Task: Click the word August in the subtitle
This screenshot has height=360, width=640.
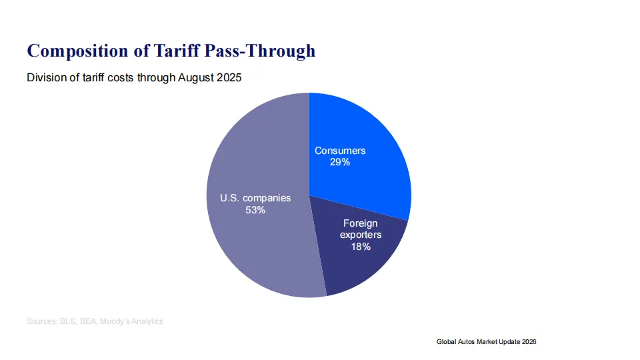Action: click(x=196, y=78)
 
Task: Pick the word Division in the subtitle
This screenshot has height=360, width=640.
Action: click(x=43, y=78)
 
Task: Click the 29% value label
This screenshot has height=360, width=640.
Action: click(x=340, y=162)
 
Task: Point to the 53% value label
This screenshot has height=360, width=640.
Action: click(x=255, y=210)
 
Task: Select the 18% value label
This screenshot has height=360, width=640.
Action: click(x=361, y=246)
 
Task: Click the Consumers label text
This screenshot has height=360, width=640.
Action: click(x=340, y=151)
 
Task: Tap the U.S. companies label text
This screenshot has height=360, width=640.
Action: click(x=255, y=198)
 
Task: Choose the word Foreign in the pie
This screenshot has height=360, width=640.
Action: click(x=361, y=223)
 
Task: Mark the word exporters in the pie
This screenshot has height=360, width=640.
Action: click(x=361, y=235)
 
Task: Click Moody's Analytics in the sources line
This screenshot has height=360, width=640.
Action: click(x=131, y=321)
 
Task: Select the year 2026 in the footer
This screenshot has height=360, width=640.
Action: click(x=527, y=341)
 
